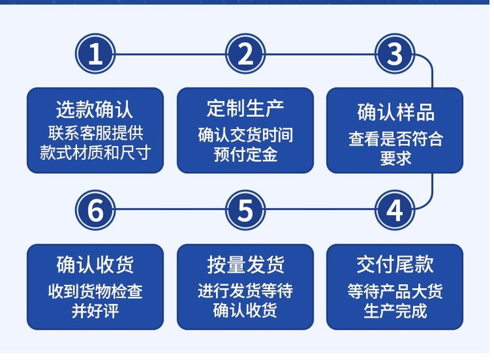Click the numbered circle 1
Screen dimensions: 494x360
(96, 54)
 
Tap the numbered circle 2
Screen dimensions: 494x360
(246, 54)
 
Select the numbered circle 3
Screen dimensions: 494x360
(395, 54)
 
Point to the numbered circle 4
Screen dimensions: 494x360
(395, 210)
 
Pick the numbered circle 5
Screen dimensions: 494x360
(246, 210)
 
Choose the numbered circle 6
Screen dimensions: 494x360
(96, 210)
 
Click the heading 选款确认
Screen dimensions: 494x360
(95, 109)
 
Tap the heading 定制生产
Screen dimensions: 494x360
(246, 108)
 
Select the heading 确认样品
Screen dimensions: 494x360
(396, 112)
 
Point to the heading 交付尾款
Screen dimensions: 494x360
(395, 265)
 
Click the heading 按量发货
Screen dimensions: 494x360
(246, 265)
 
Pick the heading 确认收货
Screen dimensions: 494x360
(95, 265)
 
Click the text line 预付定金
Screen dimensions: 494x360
(246, 155)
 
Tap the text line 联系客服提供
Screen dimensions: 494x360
(96, 133)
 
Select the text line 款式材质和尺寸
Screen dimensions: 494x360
(95, 153)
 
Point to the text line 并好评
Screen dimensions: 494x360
(95, 311)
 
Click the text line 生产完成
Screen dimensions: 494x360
(395, 311)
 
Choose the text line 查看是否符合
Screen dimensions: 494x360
(396, 138)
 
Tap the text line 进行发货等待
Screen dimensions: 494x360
(246, 290)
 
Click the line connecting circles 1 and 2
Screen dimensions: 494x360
(171, 55)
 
